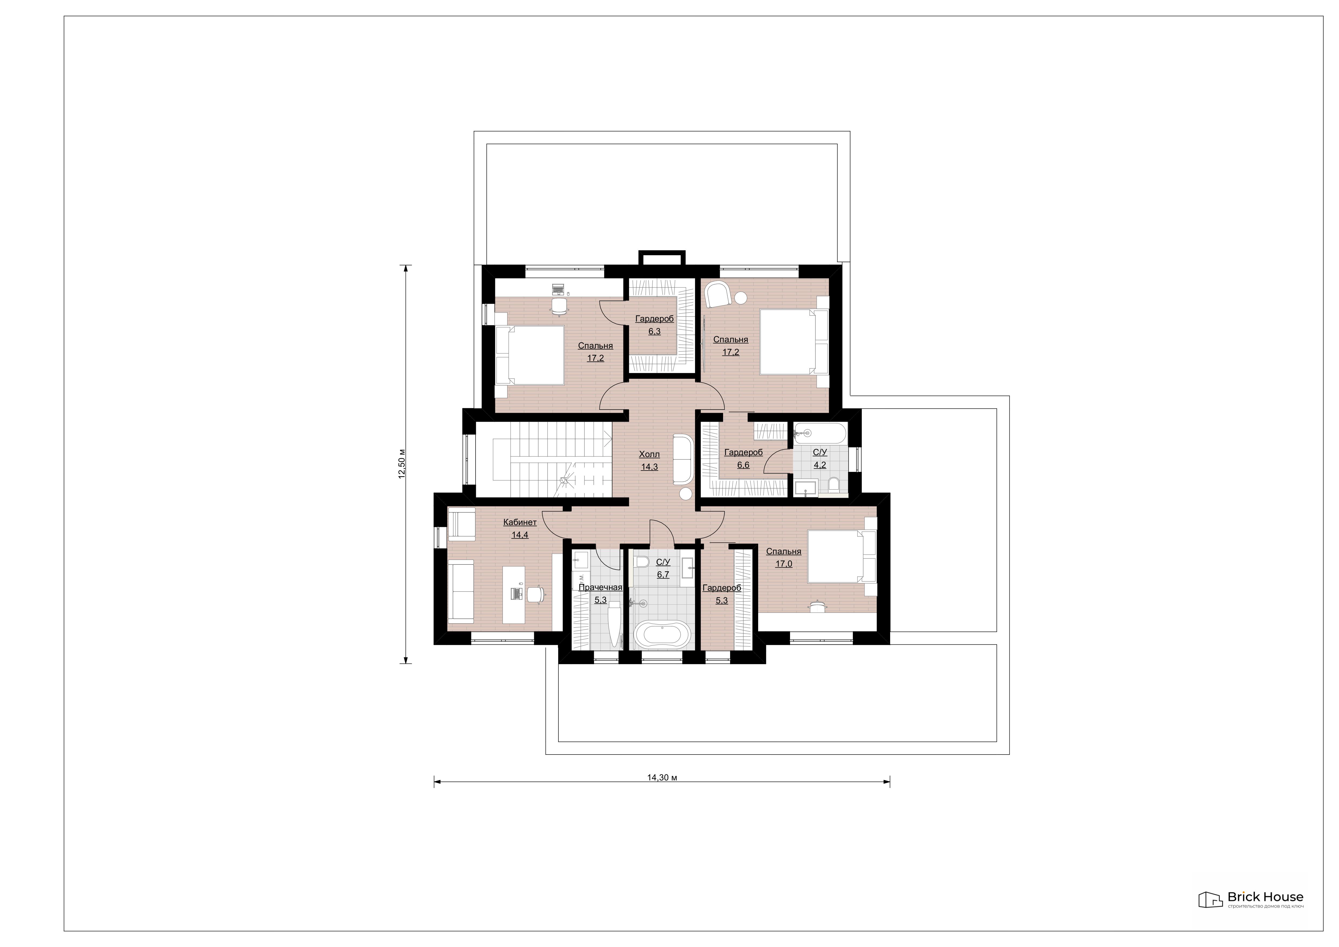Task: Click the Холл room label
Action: pos(649,454)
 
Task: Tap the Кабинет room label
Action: pos(520,522)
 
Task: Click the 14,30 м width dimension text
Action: pos(662,777)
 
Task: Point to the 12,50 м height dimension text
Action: pos(402,464)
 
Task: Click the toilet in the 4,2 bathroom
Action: pos(833,484)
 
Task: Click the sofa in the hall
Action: pos(682,458)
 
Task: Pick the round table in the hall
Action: pos(686,494)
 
